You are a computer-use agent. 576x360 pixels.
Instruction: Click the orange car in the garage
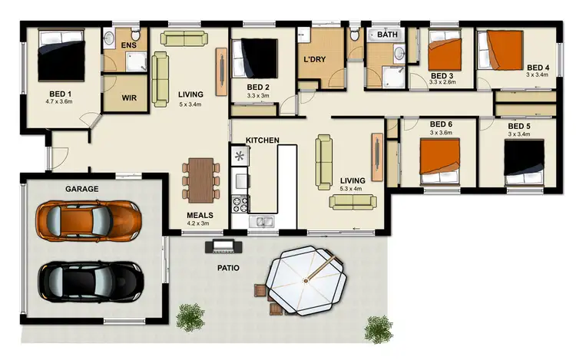[x=90, y=220]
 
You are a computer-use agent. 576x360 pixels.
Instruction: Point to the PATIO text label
[x=227, y=269]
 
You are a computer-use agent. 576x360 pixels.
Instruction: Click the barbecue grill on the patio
[x=223, y=246]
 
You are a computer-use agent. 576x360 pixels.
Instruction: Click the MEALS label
[x=200, y=216]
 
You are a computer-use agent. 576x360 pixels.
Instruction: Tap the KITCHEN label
[x=262, y=140]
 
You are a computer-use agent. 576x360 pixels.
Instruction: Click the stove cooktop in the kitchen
[x=240, y=205]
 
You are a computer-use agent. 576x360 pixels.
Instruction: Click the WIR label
[x=130, y=98]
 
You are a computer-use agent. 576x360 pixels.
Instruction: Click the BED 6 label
[x=442, y=124]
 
